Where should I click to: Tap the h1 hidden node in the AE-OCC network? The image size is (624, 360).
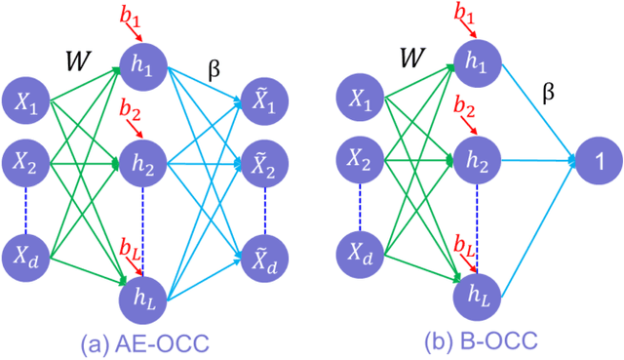[144, 65]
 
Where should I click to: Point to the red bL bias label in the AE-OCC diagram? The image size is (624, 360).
[129, 251]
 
